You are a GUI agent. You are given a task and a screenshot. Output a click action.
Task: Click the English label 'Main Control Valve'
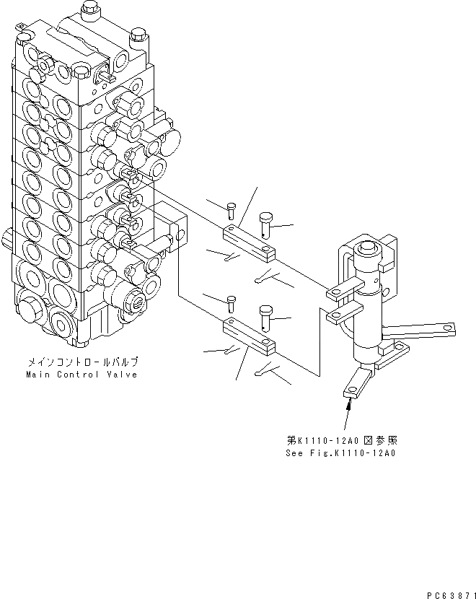click(81, 375)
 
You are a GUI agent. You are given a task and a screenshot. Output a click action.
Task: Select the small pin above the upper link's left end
click(230, 211)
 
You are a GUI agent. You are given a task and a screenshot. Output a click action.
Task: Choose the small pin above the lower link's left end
click(230, 303)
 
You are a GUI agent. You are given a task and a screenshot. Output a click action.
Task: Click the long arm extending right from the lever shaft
click(418, 330)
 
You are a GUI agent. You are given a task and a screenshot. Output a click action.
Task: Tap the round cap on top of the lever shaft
click(368, 252)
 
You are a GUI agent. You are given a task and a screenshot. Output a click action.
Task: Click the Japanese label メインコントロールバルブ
click(81, 363)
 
